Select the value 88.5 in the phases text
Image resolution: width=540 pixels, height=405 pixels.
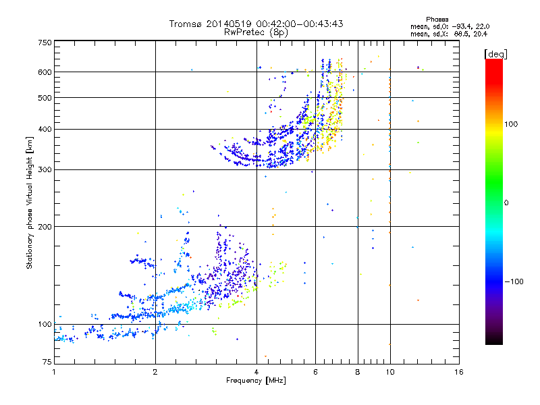[x=460, y=33]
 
